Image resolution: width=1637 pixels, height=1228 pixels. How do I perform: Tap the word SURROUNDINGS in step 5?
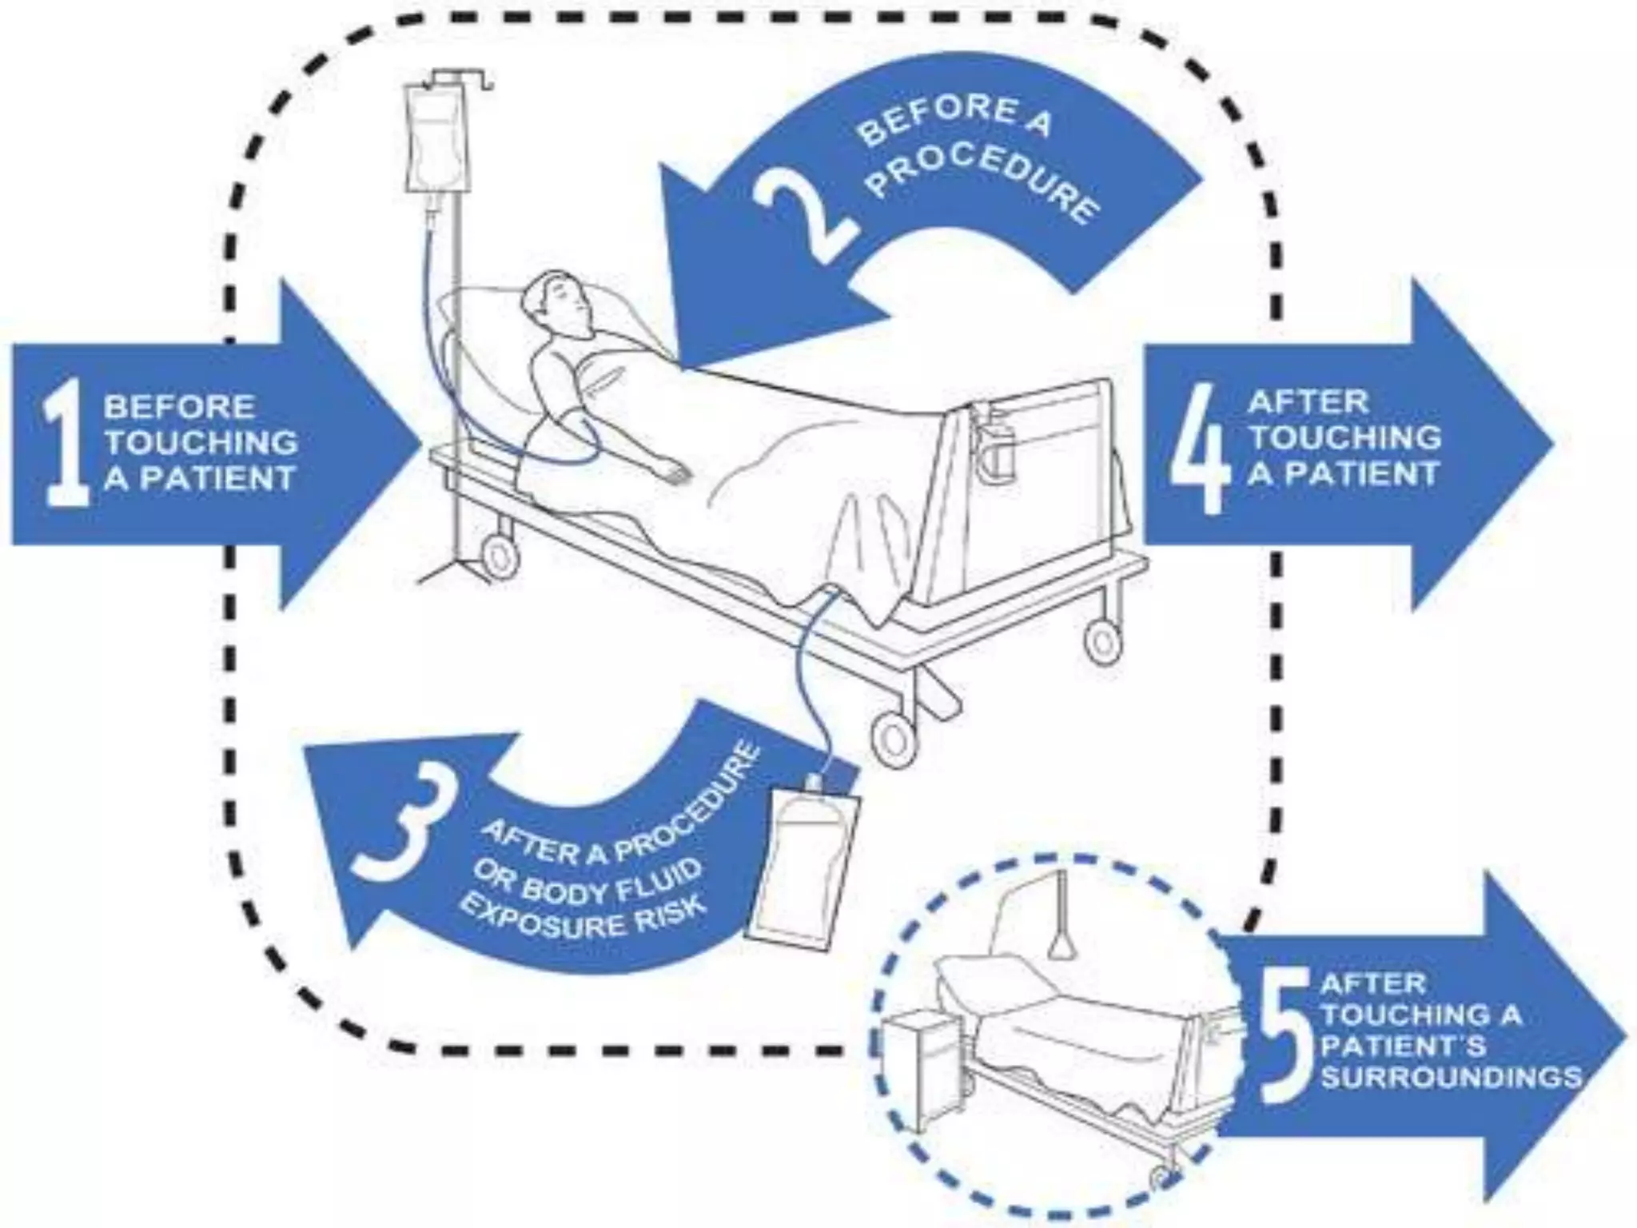point(1451,1077)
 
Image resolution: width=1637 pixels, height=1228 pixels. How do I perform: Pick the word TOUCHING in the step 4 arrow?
point(1346,437)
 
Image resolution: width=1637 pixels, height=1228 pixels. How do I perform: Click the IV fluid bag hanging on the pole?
point(432,140)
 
